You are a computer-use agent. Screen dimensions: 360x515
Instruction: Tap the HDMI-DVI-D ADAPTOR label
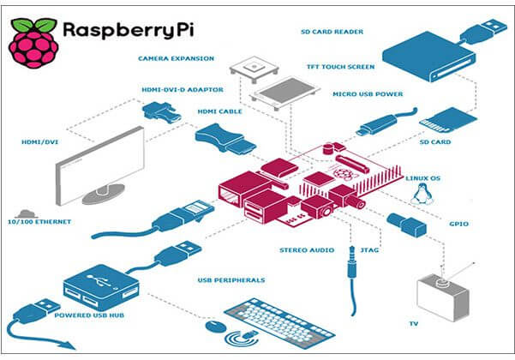coord(176,87)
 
